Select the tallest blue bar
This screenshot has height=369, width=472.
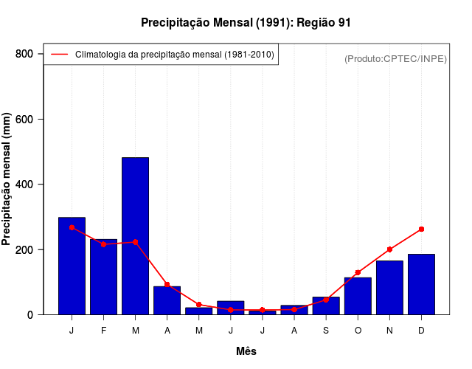[135, 236]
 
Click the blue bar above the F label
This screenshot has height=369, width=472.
[103, 277]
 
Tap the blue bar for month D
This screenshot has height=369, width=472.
[421, 284]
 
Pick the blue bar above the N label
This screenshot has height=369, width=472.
[389, 288]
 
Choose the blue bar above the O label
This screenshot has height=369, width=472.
[358, 296]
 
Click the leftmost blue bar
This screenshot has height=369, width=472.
[72, 266]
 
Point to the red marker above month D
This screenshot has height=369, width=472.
[421, 230]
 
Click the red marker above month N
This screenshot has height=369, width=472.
[389, 249]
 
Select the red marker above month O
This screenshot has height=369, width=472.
[358, 273]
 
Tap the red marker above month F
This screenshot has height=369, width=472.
[103, 244]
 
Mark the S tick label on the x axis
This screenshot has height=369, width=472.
[326, 331]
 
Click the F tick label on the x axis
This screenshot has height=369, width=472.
[103, 331]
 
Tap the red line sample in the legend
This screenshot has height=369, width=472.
[59, 54]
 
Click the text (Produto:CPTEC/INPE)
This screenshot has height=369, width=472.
[395, 58]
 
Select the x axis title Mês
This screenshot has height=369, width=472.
[246, 351]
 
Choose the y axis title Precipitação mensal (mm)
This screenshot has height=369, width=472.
[7, 179]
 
